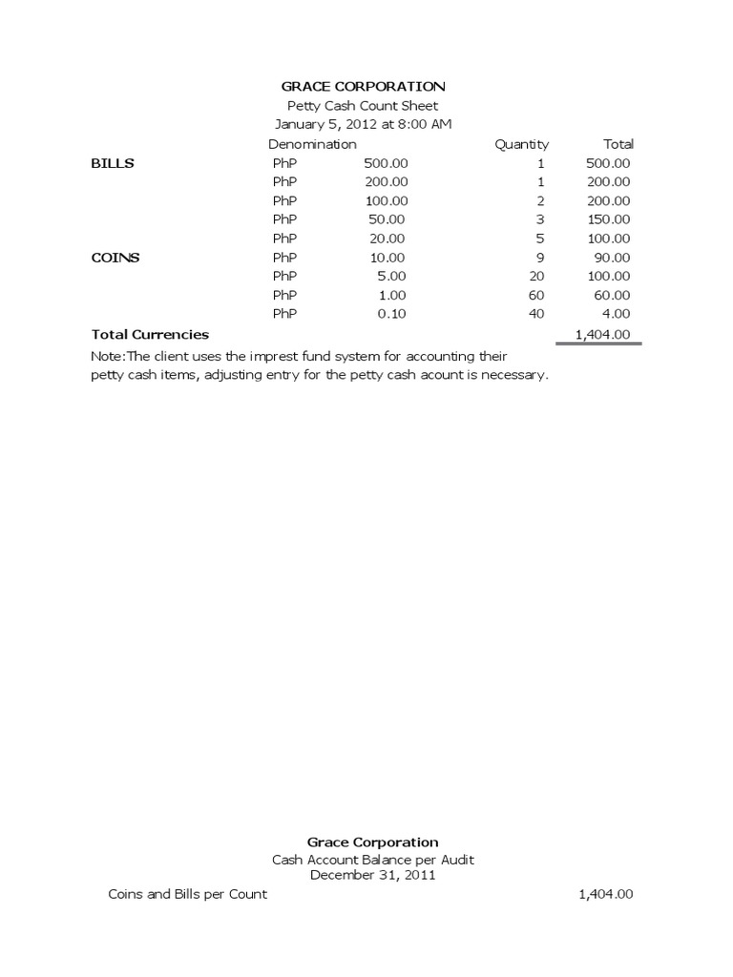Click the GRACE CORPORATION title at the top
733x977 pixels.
[x=363, y=87]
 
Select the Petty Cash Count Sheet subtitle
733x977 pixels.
[x=363, y=106]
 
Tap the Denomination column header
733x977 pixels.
[x=312, y=144]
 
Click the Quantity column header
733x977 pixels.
[x=521, y=144]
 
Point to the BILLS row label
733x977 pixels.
[x=113, y=163]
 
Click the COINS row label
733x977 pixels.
[x=115, y=258]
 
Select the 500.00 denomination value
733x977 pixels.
[x=387, y=163]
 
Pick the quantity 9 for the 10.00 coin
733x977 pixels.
[x=540, y=258]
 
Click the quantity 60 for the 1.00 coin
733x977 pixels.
[x=536, y=295]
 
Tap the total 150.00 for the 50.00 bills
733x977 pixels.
[x=608, y=219]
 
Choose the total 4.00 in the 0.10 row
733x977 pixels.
[x=616, y=314]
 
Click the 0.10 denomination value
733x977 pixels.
[x=392, y=314]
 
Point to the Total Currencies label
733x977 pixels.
[x=150, y=335]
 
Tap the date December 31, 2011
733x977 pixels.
[x=372, y=875]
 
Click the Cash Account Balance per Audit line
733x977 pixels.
[x=372, y=860]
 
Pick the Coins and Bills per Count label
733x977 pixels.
[x=188, y=894]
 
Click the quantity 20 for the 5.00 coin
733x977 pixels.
[x=536, y=277]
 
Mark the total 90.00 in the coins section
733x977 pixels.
[x=612, y=258]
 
